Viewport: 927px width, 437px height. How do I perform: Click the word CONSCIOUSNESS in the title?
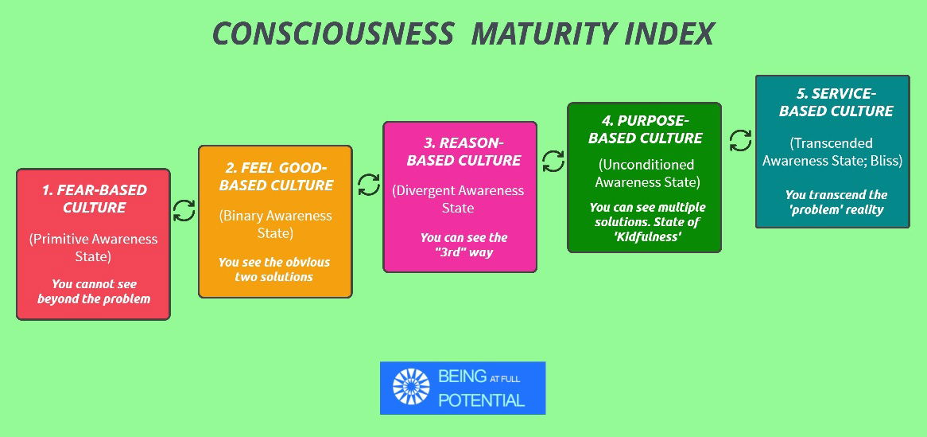tap(333, 33)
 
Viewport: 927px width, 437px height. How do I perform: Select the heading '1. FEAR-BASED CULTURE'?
tap(94, 199)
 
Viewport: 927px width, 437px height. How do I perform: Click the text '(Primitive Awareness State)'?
tap(93, 248)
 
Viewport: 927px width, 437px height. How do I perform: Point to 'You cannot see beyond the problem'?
tap(93, 291)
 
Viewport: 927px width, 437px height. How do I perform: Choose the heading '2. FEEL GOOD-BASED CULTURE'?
tap(276, 176)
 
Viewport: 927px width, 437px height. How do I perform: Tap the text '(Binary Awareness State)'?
tap(276, 224)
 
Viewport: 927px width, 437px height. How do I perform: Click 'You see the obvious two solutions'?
tap(274, 269)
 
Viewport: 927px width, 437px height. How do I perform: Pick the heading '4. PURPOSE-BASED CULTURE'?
tap(645, 129)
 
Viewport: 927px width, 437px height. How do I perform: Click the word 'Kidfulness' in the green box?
tap(645, 237)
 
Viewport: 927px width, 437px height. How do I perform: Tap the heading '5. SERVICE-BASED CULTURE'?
tap(836, 102)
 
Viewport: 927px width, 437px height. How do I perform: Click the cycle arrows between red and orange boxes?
tap(184, 210)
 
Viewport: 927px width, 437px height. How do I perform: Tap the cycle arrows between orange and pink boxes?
tap(369, 184)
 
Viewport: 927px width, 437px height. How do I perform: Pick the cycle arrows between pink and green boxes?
tap(553, 161)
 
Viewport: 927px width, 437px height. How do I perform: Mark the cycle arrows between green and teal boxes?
tap(740, 140)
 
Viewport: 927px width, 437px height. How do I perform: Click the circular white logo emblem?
tap(411, 388)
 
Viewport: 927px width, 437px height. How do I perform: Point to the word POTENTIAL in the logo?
tap(481, 400)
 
